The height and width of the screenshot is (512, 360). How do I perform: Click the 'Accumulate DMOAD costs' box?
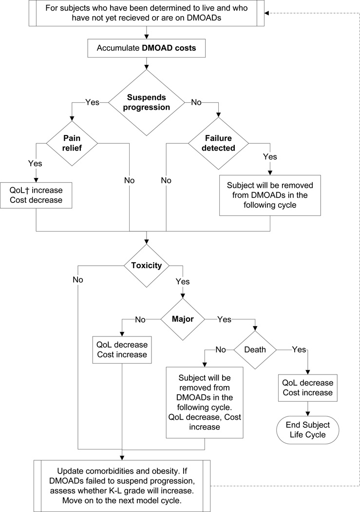coord(147,49)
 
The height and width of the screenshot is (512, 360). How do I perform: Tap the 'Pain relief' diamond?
coord(72,143)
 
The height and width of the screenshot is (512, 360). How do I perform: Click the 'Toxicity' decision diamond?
coord(147,266)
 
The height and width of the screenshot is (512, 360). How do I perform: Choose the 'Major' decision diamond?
coord(183,319)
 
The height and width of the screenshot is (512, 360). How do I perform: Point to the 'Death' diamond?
coord(254,350)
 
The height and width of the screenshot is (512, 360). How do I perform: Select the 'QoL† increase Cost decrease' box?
coord(37,195)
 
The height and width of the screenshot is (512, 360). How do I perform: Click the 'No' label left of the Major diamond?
coord(140,319)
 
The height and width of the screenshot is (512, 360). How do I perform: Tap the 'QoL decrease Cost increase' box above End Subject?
coord(307,388)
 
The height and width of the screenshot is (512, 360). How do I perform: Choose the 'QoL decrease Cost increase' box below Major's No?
coord(122,350)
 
